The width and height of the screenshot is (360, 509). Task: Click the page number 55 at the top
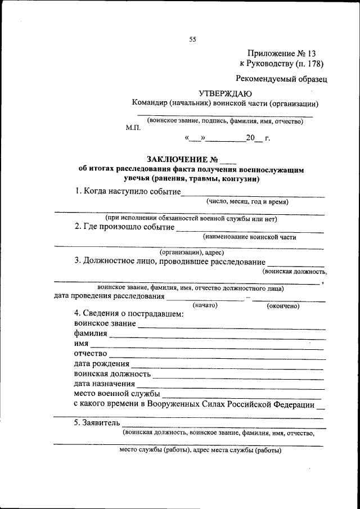tap(192, 39)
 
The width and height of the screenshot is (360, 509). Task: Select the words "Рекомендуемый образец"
tap(281, 80)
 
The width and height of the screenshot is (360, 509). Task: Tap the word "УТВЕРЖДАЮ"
tap(225, 93)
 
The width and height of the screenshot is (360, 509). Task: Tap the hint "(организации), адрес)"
tap(192, 253)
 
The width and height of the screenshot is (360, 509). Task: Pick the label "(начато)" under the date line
tap(205, 305)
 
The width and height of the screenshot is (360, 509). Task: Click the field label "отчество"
tap(90, 354)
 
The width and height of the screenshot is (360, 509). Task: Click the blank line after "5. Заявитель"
tap(223, 426)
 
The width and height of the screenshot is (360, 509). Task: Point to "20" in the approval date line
tap(250, 137)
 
